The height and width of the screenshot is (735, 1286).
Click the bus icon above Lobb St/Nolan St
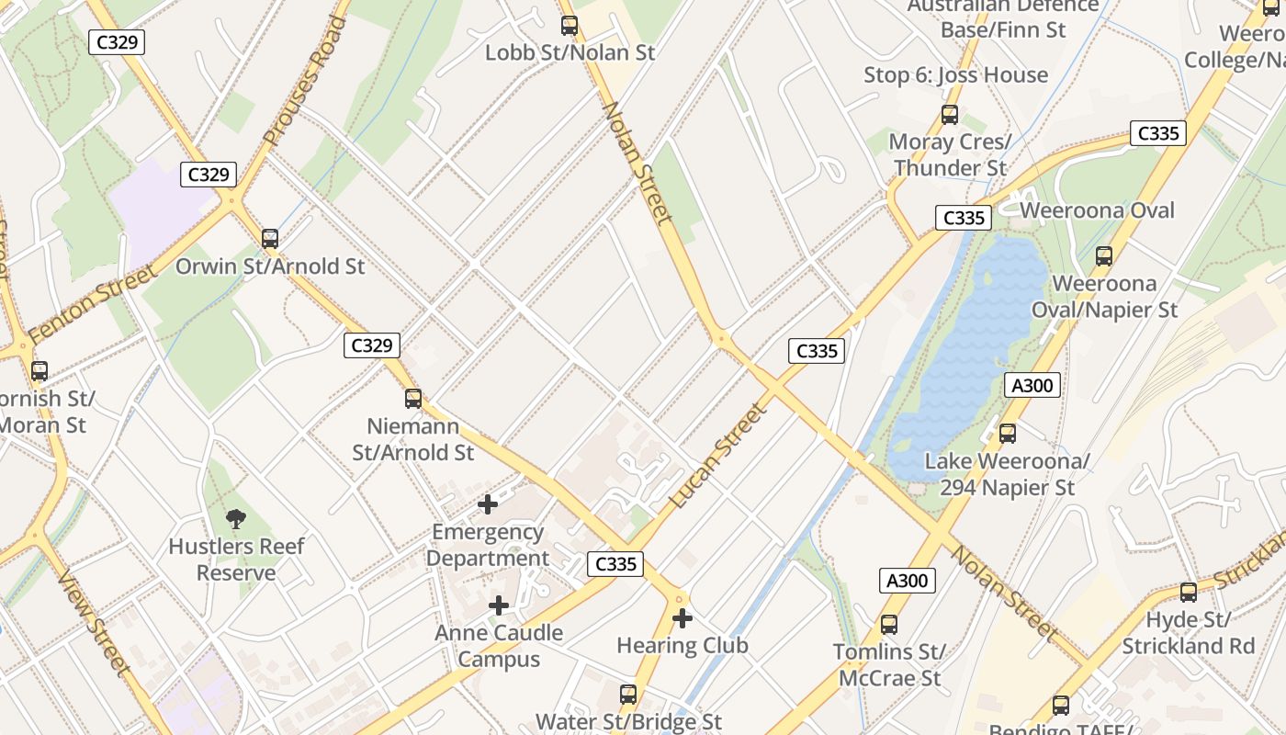tap(570, 26)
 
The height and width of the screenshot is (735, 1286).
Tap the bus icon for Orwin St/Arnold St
tap(269, 239)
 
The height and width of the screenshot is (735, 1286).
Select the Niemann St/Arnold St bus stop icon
tap(413, 399)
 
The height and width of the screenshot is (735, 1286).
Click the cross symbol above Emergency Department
tap(488, 504)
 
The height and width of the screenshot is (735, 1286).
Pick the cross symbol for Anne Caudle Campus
tap(499, 605)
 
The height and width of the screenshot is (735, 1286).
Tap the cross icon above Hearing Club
tap(682, 618)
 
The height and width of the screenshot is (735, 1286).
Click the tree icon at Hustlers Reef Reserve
tap(236, 519)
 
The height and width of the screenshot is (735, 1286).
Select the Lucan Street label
tap(717, 457)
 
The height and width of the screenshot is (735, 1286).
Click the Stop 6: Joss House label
tap(955, 75)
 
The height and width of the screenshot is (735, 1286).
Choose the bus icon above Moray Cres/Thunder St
tap(950, 115)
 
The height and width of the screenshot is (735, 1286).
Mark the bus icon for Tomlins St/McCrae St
tap(888, 625)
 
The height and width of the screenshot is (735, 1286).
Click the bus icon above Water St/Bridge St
tap(628, 695)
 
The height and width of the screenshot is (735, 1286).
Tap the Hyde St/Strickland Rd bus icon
tap(1188, 593)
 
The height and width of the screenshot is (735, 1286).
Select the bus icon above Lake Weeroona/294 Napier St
tap(1008, 434)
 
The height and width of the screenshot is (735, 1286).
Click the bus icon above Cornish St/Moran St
tap(39, 371)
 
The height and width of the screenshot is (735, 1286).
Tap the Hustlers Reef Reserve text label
tap(236, 560)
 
